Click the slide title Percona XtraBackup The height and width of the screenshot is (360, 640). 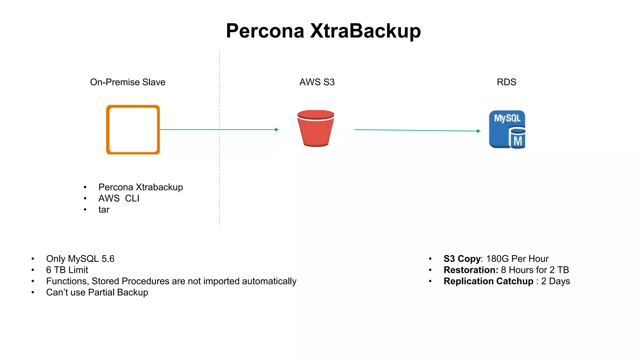(x=323, y=31)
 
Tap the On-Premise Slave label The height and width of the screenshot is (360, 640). (x=127, y=82)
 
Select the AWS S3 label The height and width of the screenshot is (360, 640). (x=317, y=82)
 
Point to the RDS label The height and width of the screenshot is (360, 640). (x=506, y=82)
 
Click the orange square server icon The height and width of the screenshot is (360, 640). (x=133, y=130)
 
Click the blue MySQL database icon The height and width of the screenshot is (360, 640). (x=507, y=129)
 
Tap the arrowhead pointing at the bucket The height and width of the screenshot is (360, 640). (x=277, y=129)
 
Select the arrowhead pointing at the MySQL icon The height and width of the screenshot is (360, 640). (x=479, y=131)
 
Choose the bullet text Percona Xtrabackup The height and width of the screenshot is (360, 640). (x=140, y=187)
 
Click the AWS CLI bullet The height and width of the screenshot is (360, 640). (x=119, y=198)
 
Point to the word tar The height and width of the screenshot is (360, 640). (x=104, y=210)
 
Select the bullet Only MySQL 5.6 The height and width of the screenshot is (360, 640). (x=80, y=259)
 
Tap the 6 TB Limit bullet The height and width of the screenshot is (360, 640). (x=67, y=270)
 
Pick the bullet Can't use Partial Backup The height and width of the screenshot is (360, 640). (x=97, y=292)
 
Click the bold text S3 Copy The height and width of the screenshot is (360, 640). (x=462, y=259)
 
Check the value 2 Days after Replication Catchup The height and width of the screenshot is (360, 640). (x=555, y=281)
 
